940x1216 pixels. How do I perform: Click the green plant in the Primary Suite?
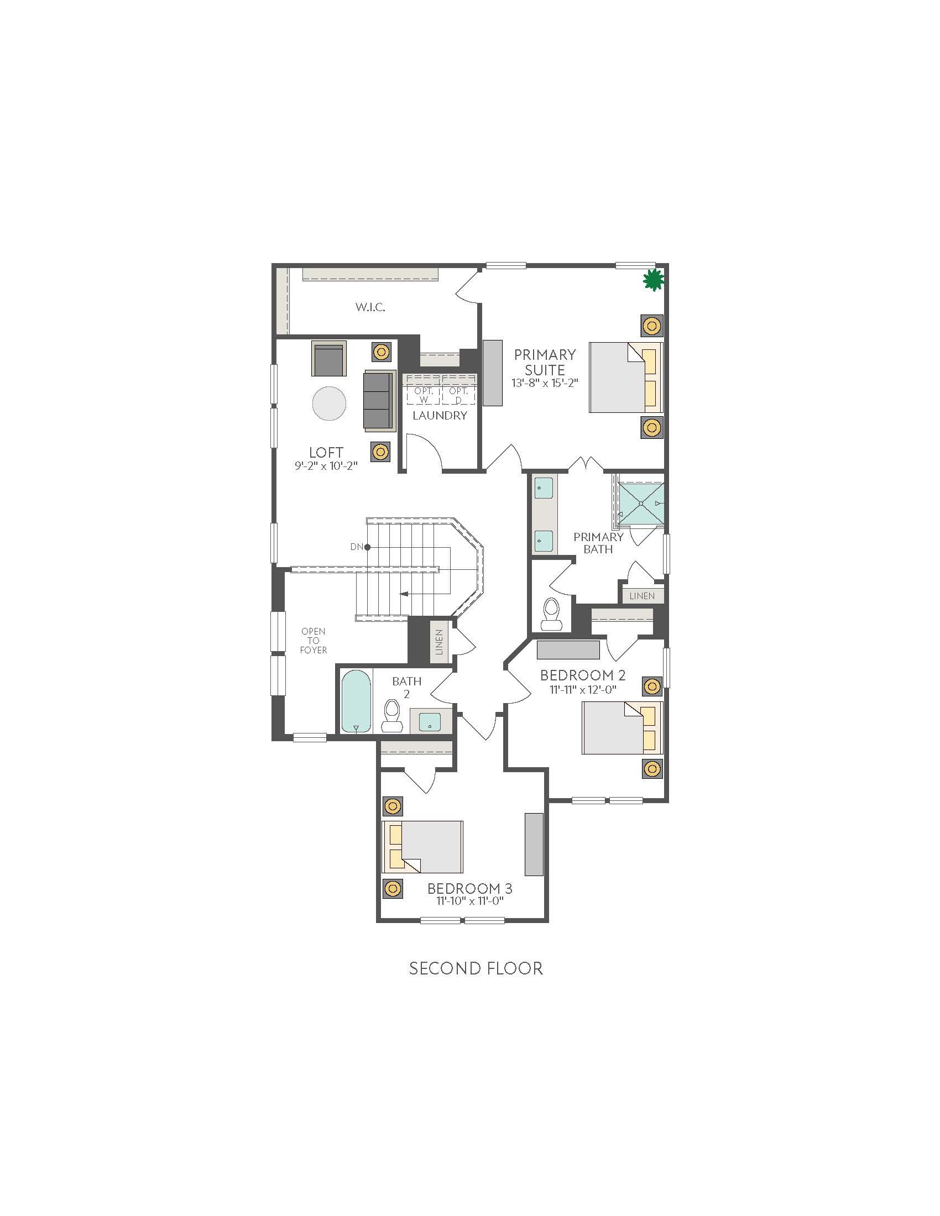[x=653, y=280]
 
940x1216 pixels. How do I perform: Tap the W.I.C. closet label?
[x=370, y=307]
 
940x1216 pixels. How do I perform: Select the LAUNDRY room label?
[x=440, y=415]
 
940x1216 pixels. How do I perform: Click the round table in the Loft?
[x=329, y=403]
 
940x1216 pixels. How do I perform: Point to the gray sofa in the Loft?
[x=380, y=400]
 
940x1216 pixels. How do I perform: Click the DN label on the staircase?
[x=357, y=547]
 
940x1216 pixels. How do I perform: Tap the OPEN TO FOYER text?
[x=314, y=640]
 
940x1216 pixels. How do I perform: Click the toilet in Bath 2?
[x=391, y=715]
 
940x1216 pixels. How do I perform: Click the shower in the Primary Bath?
[x=641, y=504]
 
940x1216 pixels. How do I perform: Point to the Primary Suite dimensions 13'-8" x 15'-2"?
[x=545, y=383]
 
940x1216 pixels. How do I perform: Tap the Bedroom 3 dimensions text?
[x=466, y=900]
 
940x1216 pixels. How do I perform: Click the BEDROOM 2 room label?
[x=583, y=675]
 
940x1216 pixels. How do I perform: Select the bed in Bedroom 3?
[x=422, y=846]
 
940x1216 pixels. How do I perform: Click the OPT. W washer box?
[x=423, y=396]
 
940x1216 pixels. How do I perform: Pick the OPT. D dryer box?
[x=459, y=396]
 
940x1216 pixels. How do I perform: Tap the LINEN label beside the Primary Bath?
[x=642, y=596]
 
